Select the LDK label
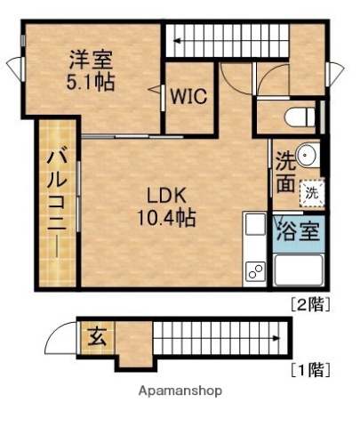click(x=166, y=194)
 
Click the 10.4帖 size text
click(x=166, y=216)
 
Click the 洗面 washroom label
click(x=285, y=172)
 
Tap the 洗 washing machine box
click(x=312, y=190)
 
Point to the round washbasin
click(x=307, y=155)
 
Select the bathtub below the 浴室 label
click(x=298, y=269)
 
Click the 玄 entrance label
click(x=95, y=338)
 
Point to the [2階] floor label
click(x=311, y=303)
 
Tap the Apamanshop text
click(x=180, y=391)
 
